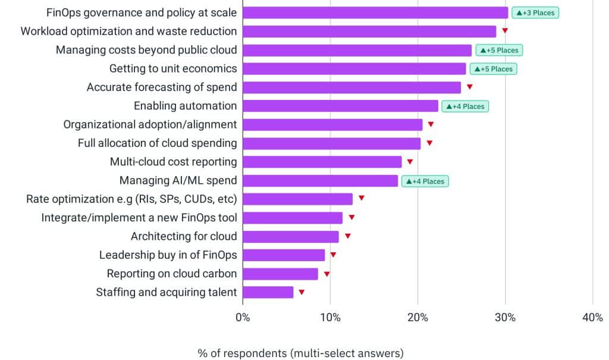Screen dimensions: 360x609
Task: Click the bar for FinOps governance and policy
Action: pyautogui.click(x=375, y=12)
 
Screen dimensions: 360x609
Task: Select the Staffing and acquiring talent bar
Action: pyautogui.click(x=268, y=292)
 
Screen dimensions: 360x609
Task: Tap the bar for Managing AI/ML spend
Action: pyautogui.click(x=321, y=180)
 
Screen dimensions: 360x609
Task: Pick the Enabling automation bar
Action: pyautogui.click(x=341, y=106)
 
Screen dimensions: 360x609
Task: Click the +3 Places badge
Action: pyautogui.click(x=535, y=12)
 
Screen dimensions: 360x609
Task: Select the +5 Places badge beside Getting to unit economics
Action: pyautogui.click(x=493, y=68)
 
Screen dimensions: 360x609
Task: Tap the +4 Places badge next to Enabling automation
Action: pyautogui.click(x=465, y=106)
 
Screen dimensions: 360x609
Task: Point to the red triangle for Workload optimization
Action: pyautogui.click(x=505, y=31)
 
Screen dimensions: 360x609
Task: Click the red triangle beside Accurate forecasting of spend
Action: pyautogui.click(x=470, y=87)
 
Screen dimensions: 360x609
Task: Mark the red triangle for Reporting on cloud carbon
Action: pyautogui.click(x=327, y=274)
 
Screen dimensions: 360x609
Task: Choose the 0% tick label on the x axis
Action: pyautogui.click(x=243, y=318)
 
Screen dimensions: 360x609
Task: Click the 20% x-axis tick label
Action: pyautogui.click(x=417, y=318)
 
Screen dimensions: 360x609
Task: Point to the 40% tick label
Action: pyautogui.click(x=592, y=318)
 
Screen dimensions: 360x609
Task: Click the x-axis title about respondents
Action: pyautogui.click(x=300, y=353)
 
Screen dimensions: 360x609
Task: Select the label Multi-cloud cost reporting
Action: pyautogui.click(x=173, y=162)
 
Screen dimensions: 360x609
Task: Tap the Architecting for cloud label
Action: pyautogui.click(x=184, y=236)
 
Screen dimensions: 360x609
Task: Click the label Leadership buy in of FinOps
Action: pyautogui.click(x=168, y=255)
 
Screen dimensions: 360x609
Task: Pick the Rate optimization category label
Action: pyautogui.click(x=131, y=199)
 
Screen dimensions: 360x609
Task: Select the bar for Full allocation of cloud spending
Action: pyautogui.click(x=332, y=143)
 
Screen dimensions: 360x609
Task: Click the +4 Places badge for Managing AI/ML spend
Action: pyautogui.click(x=425, y=180)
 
